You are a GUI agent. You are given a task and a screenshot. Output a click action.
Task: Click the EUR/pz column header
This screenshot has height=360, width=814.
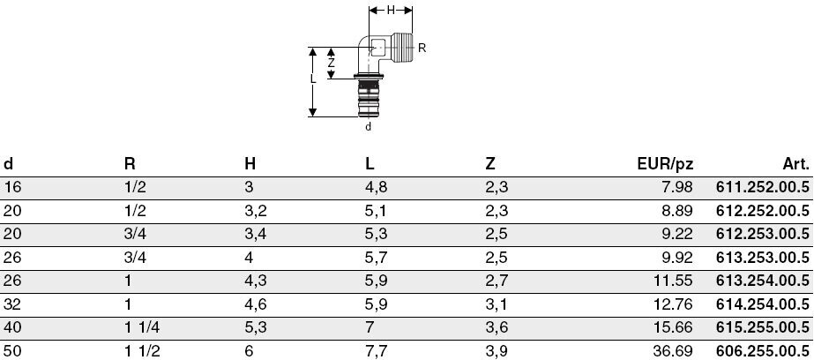point(665,165)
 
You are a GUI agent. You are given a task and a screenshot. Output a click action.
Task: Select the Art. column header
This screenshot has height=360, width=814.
point(795,164)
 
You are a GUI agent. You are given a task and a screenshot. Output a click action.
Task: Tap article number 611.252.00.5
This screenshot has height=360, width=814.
point(762,188)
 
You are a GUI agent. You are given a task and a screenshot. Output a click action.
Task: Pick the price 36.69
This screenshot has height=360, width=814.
point(673,351)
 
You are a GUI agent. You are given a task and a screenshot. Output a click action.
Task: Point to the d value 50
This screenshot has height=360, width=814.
point(12,351)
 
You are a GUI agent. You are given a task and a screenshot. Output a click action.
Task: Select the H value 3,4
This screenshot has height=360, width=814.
point(256,235)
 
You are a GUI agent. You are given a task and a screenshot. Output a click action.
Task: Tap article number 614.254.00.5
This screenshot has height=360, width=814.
point(762,304)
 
